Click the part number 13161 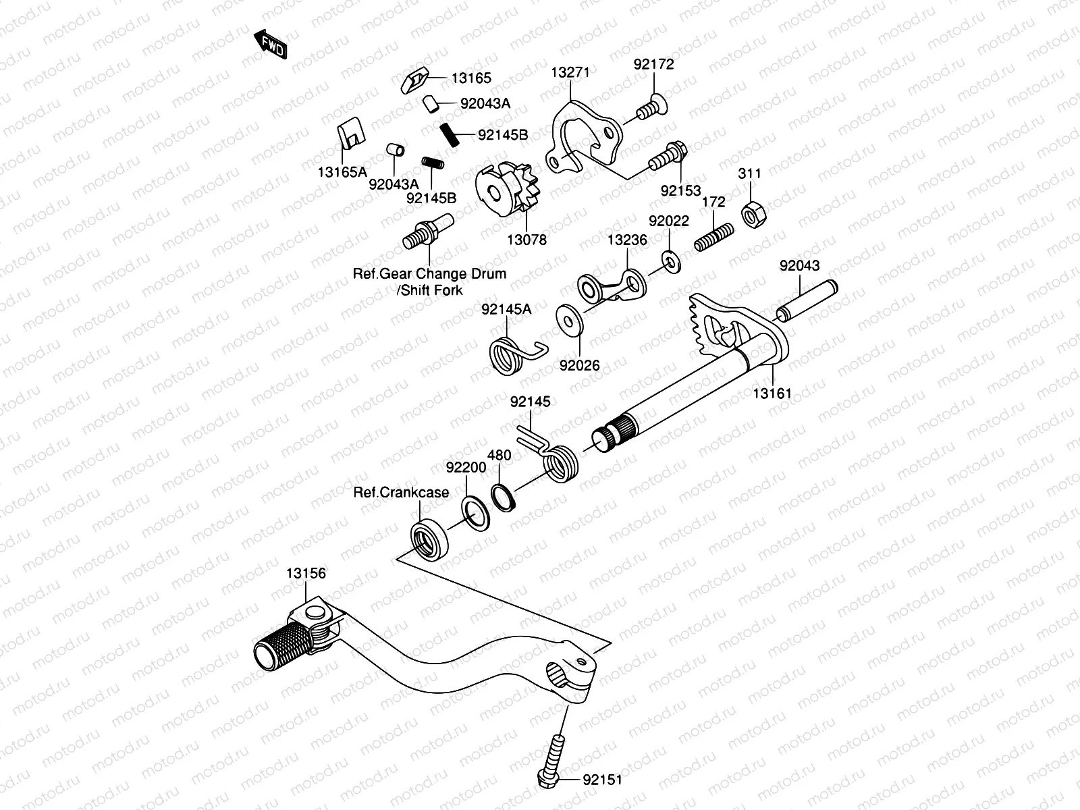click(x=772, y=393)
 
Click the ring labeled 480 click(x=503, y=497)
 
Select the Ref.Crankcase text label click(x=401, y=493)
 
